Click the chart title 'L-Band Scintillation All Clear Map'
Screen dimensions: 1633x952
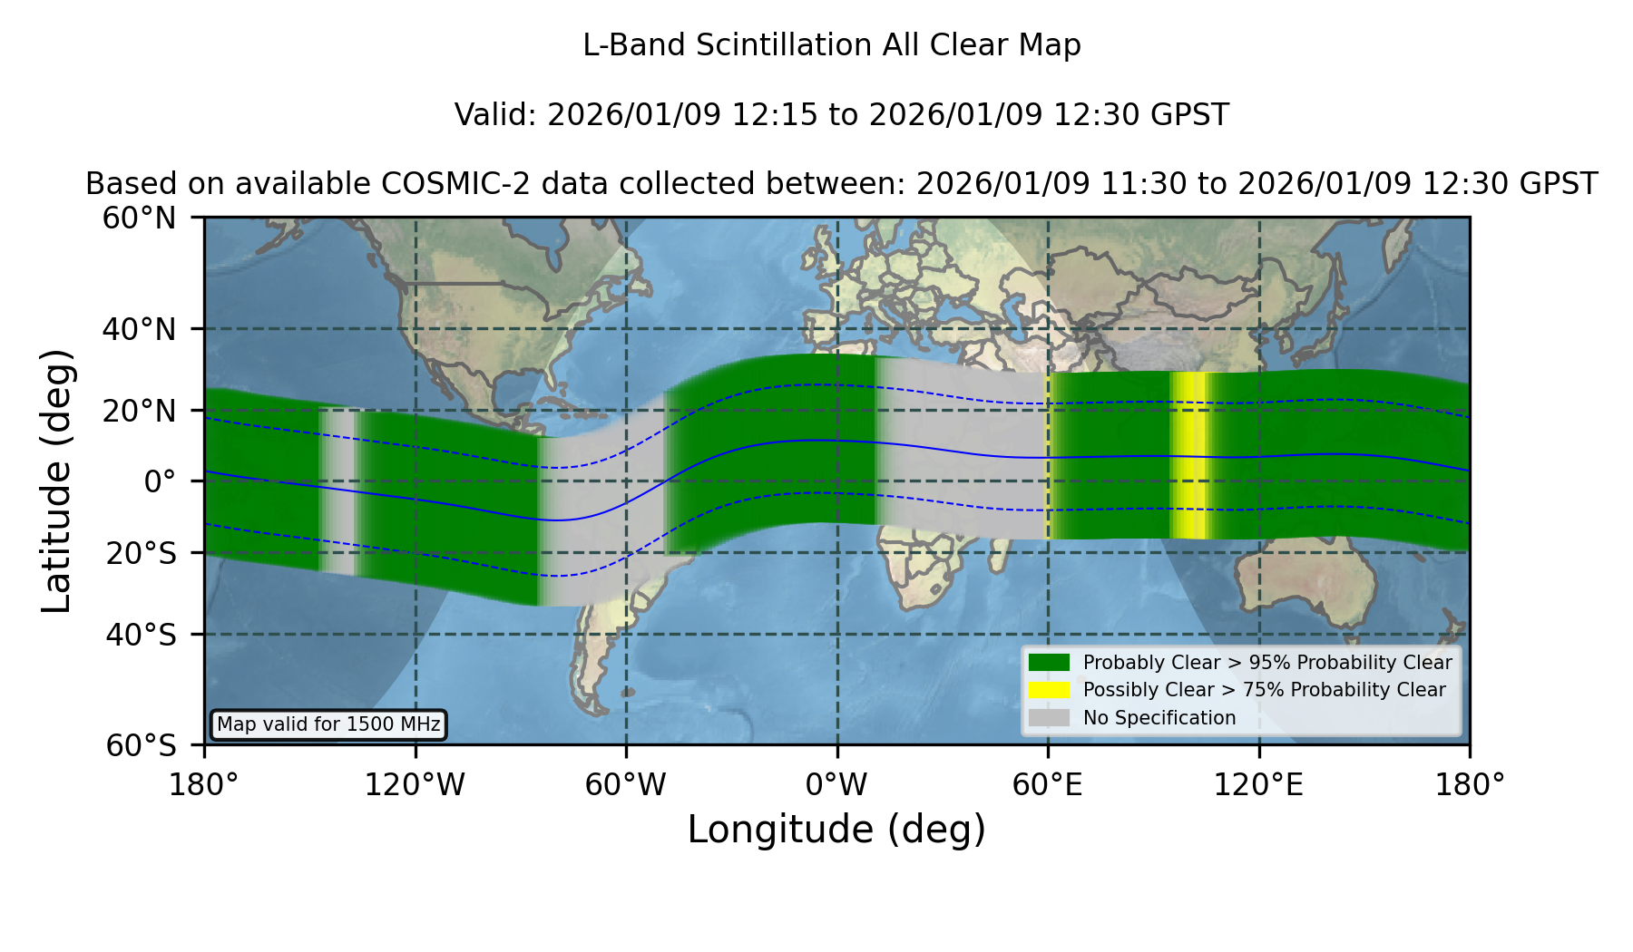(x=831, y=45)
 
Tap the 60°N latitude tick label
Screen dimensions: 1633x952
(x=140, y=218)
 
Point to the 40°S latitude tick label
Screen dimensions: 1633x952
(x=142, y=635)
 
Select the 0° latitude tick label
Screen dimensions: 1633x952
(x=161, y=481)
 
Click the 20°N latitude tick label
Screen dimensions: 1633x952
(x=140, y=411)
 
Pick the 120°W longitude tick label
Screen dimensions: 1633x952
(x=415, y=785)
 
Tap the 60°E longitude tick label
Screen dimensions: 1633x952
(x=1048, y=785)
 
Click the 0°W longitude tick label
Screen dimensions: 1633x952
(x=836, y=785)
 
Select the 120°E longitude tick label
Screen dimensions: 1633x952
(x=1258, y=785)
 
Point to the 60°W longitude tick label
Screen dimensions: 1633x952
(x=626, y=785)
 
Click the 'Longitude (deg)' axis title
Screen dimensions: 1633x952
(x=836, y=830)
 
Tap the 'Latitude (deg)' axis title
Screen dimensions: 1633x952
(x=57, y=481)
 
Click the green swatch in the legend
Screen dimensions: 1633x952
(x=1050, y=662)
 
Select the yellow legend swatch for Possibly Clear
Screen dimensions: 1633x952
(x=1050, y=689)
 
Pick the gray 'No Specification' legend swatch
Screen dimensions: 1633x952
(x=1050, y=717)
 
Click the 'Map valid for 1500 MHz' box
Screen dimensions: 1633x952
(x=328, y=724)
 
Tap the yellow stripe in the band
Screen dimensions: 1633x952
(x=1189, y=455)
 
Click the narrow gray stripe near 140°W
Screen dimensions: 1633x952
(x=338, y=491)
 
